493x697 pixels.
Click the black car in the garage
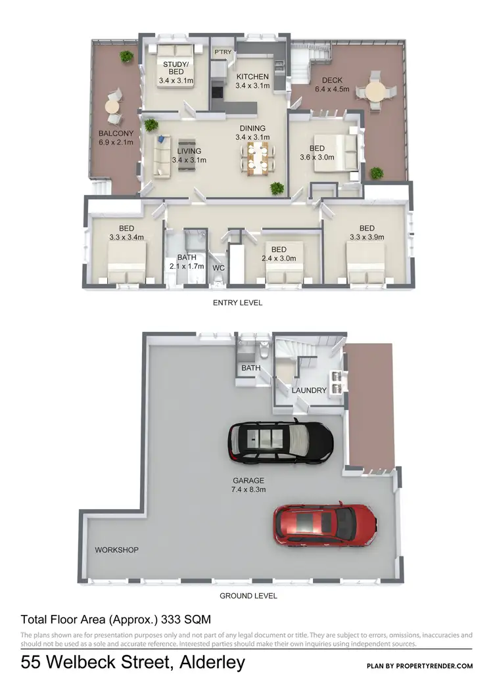coord(280,443)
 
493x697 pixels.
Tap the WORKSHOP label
coord(116,550)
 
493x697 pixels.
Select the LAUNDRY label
coord(310,390)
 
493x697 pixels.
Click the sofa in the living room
coord(162,157)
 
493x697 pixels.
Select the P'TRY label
coord(221,51)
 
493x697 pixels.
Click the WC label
coord(218,267)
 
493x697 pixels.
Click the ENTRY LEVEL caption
coord(237,303)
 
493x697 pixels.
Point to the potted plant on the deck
coord(377,173)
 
